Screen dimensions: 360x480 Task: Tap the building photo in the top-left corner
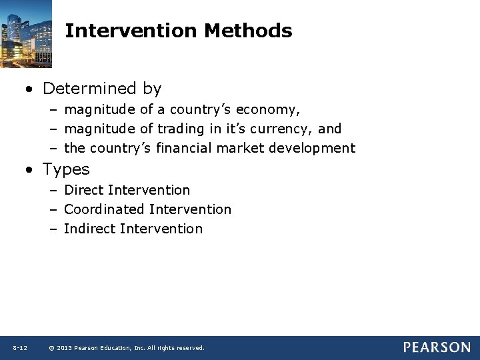[x=26, y=33]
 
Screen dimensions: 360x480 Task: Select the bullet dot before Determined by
[x=31, y=89]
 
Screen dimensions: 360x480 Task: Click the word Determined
[x=91, y=88]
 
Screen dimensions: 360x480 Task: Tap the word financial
[x=179, y=148]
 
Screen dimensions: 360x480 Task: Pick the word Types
[x=66, y=169]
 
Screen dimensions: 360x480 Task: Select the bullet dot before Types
[x=31, y=170]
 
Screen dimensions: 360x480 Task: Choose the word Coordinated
[x=104, y=209]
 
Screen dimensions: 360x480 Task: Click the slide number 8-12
[x=19, y=348]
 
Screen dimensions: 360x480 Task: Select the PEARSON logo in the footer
[x=436, y=347]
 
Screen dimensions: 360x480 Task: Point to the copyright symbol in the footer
[x=51, y=348]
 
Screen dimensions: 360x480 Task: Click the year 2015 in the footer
[x=64, y=348]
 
